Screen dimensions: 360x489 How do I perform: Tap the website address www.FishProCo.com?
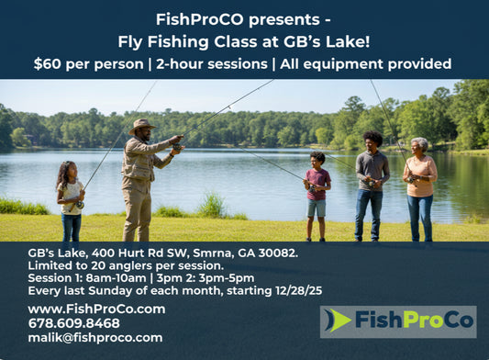point(96,309)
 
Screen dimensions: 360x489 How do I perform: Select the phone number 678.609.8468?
point(73,323)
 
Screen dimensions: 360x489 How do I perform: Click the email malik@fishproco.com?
point(94,337)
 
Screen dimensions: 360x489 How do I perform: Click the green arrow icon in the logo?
point(337,321)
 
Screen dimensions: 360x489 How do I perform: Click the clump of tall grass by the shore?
point(211,206)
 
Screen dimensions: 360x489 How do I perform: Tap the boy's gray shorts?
point(317,208)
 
